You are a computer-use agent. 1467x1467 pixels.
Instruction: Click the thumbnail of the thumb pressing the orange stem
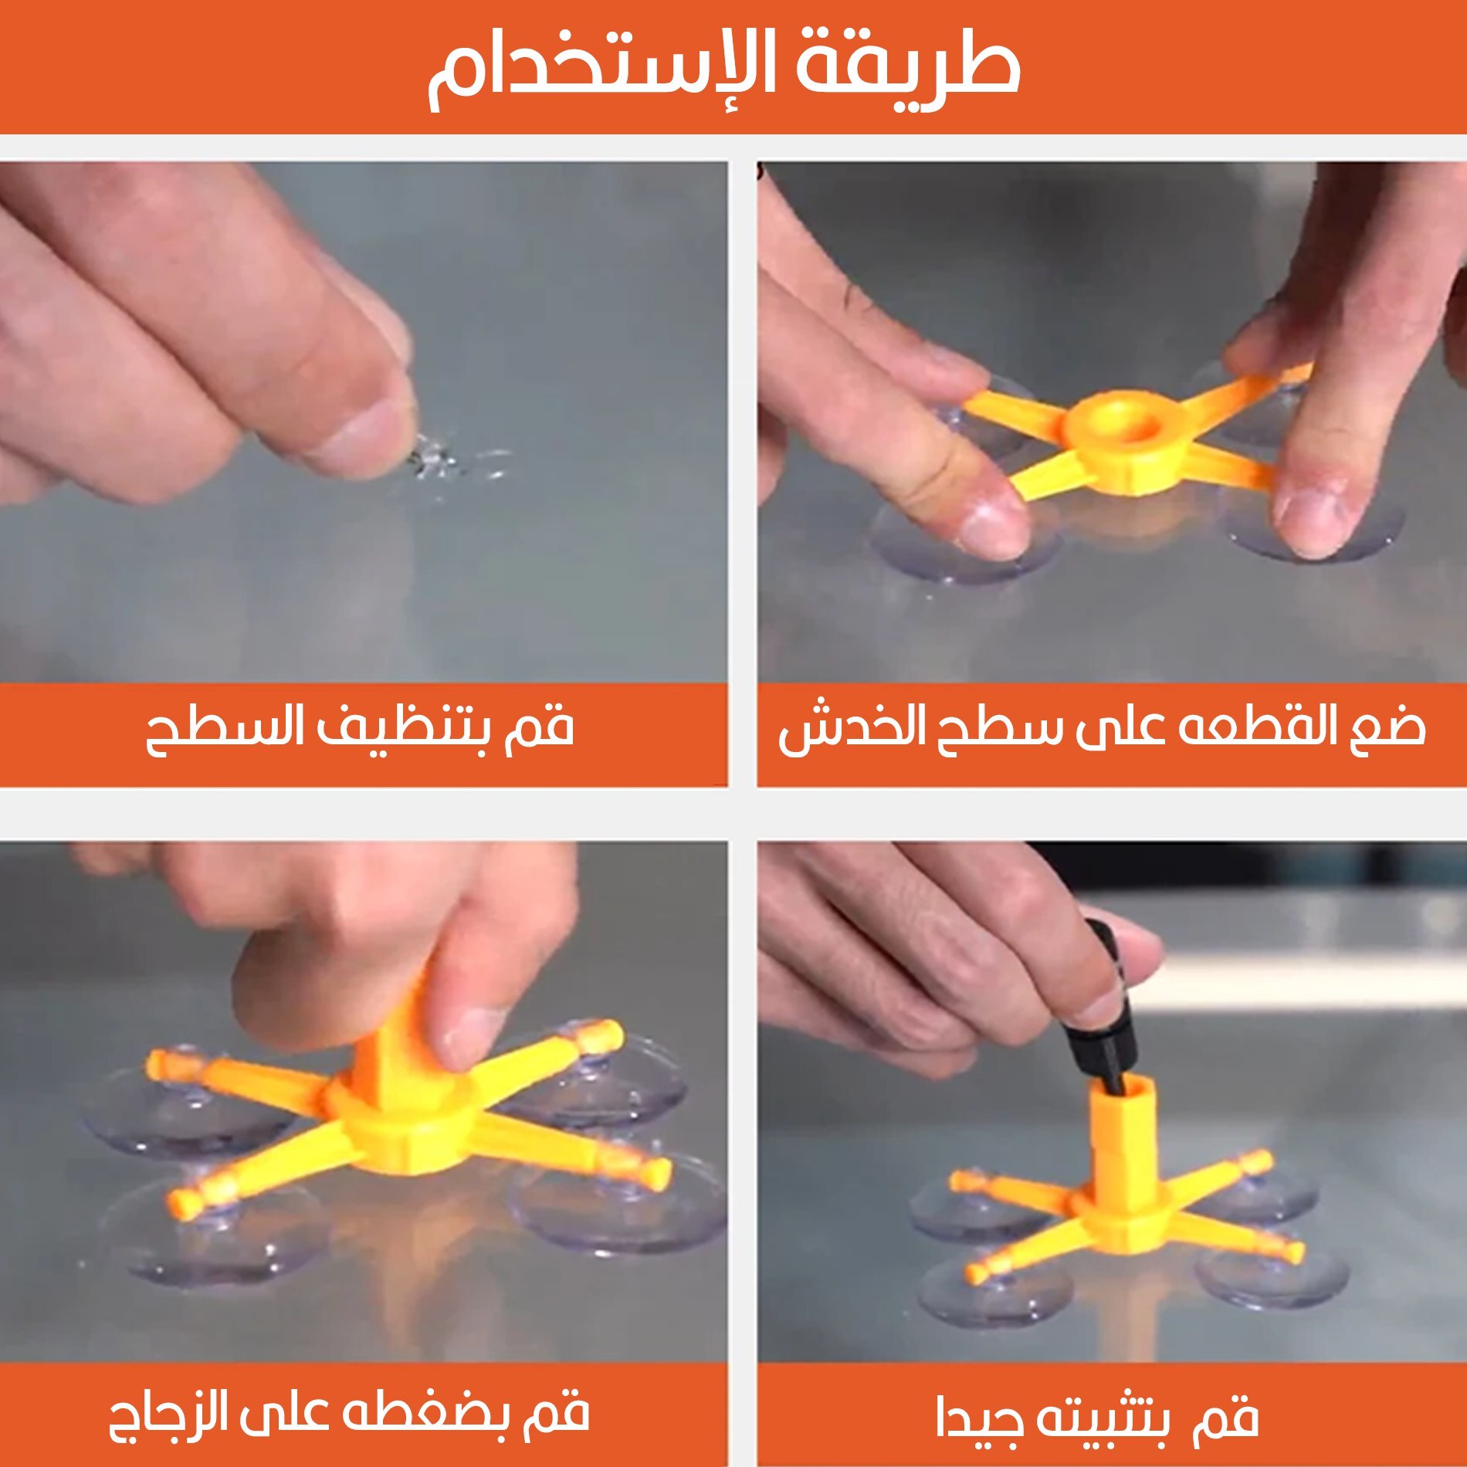(466, 1035)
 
